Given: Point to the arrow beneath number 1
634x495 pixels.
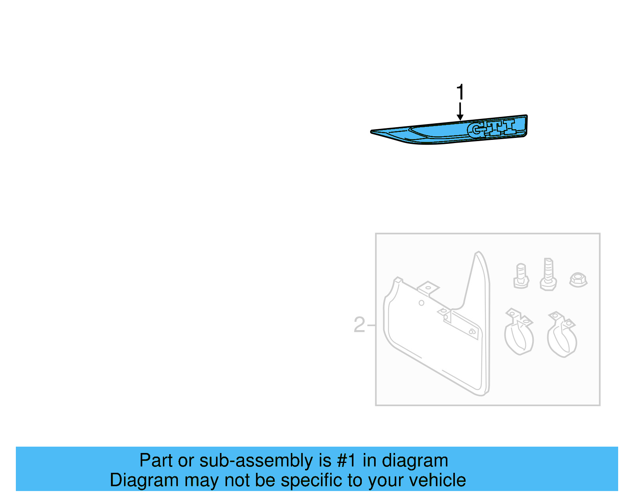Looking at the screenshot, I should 460,112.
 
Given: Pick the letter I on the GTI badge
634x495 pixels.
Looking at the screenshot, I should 509,126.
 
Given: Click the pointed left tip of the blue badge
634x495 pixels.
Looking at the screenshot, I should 372,132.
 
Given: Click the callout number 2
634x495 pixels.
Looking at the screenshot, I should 359,325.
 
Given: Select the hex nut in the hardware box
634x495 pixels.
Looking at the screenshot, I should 578,279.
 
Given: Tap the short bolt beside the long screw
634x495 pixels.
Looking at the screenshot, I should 521,276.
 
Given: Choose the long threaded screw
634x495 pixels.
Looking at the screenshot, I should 548,274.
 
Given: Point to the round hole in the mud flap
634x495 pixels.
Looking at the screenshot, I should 422,303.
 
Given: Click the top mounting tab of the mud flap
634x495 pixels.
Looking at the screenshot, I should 428,288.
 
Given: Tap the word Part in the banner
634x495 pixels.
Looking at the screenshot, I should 156,461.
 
